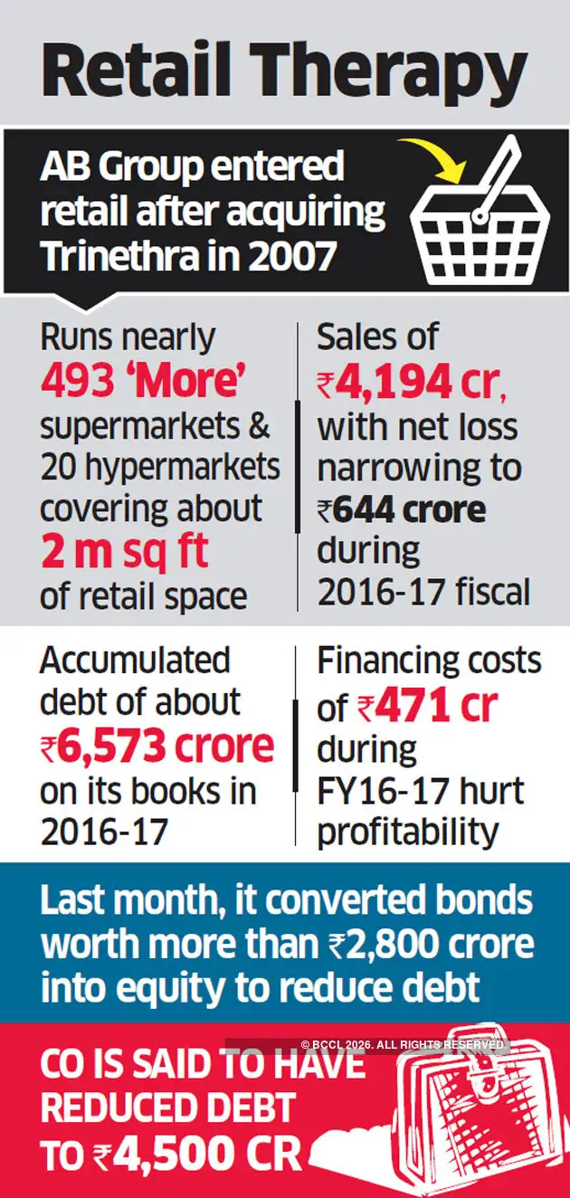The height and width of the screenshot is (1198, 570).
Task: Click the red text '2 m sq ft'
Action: tap(124, 552)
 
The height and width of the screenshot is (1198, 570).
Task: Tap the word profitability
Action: tap(408, 832)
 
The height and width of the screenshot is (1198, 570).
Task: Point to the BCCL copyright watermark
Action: tap(404, 1044)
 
